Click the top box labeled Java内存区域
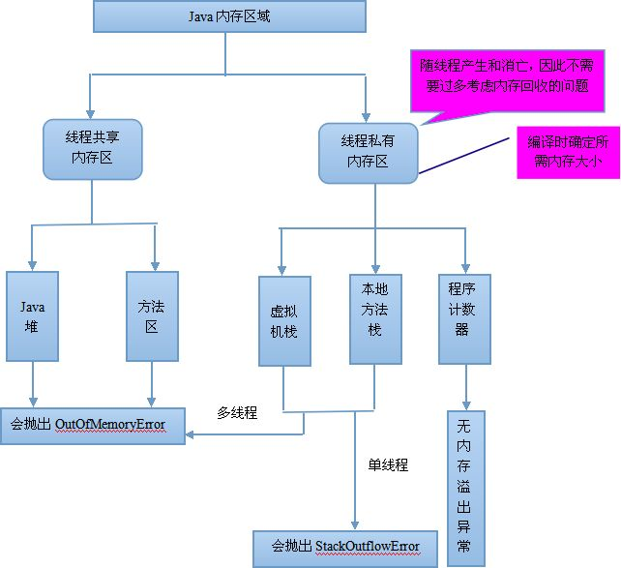pos(228,17)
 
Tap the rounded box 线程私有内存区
pos(368,151)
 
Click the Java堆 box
pos(34,316)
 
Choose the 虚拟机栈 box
pos(284,321)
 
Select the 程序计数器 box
pos(464,318)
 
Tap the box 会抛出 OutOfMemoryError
pos(92,425)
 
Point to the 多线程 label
pos(238,413)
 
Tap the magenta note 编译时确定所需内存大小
pos(567,150)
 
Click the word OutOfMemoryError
pos(110,425)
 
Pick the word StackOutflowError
pos(369,548)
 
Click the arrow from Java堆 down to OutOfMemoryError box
pos(34,384)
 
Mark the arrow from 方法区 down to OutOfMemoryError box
pos(151,384)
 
